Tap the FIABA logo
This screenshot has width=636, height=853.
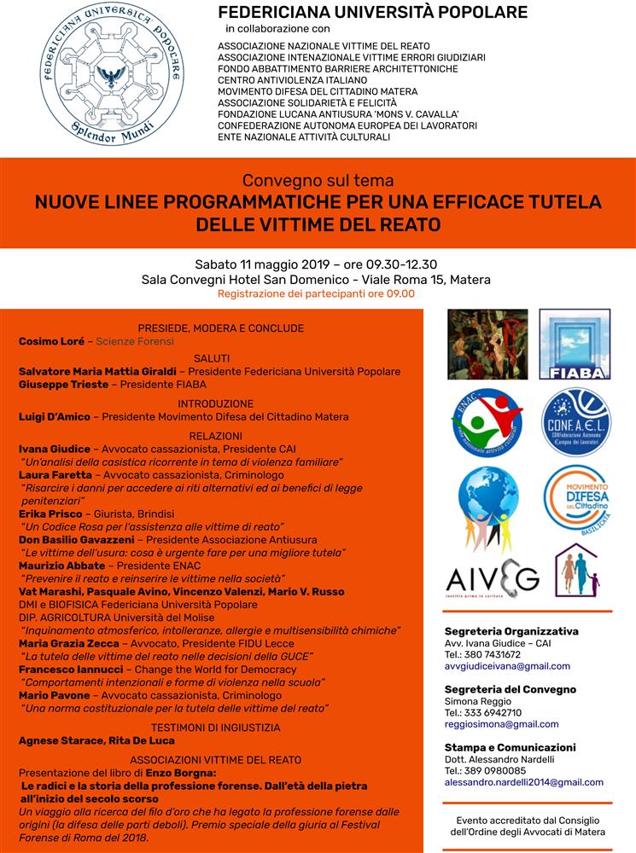pos(575,344)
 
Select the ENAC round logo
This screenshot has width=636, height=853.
pos(487,421)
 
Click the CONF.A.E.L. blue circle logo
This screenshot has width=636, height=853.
pos(576,421)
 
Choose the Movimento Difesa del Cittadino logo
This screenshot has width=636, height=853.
pos(576,498)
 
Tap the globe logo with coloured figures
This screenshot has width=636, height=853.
pos(487,507)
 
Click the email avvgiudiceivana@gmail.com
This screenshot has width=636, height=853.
pos(507,666)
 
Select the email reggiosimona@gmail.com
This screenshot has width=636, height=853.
pos(501,724)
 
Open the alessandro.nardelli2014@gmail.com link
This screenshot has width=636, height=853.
pos(523,782)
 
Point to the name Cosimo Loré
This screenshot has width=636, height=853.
pos(51,341)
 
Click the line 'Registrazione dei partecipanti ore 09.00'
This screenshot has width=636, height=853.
pos(316,293)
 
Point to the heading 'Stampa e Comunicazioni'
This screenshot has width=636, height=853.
pos(510,747)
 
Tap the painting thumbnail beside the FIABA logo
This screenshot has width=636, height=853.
pos(487,344)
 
